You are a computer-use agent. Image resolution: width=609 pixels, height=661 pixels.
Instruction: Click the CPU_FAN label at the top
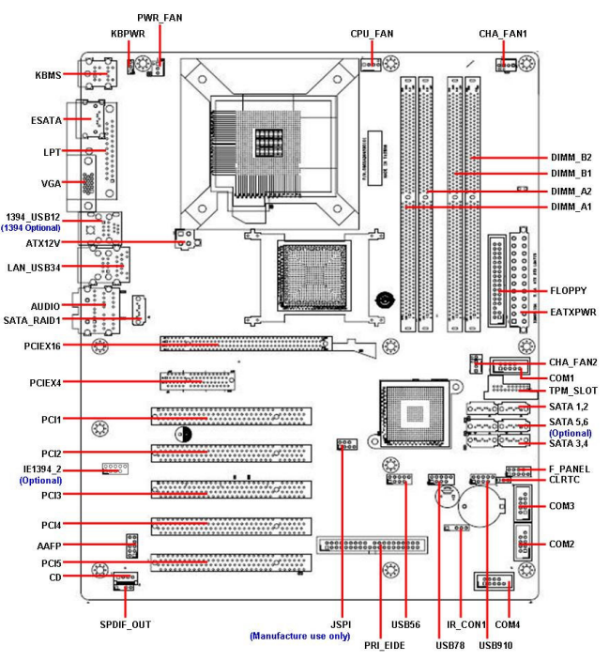[x=372, y=33]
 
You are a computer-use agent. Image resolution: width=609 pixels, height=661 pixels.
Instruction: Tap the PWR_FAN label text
[x=160, y=18]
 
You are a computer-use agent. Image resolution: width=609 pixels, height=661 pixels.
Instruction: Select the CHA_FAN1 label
[x=503, y=33]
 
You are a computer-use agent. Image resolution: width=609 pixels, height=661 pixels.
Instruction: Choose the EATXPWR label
[x=573, y=311]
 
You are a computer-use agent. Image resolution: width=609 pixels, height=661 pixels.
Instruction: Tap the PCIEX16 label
[x=43, y=346]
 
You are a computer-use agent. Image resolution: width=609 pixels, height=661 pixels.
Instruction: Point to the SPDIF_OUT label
[x=125, y=624]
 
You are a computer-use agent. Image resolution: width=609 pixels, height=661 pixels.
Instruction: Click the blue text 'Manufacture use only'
[x=298, y=636]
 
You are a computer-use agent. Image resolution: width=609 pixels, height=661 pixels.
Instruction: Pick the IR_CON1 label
[x=465, y=624]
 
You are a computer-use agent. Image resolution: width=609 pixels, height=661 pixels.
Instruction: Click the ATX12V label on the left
[x=43, y=242]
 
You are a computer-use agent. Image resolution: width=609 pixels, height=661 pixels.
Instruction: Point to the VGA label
[x=51, y=183]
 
